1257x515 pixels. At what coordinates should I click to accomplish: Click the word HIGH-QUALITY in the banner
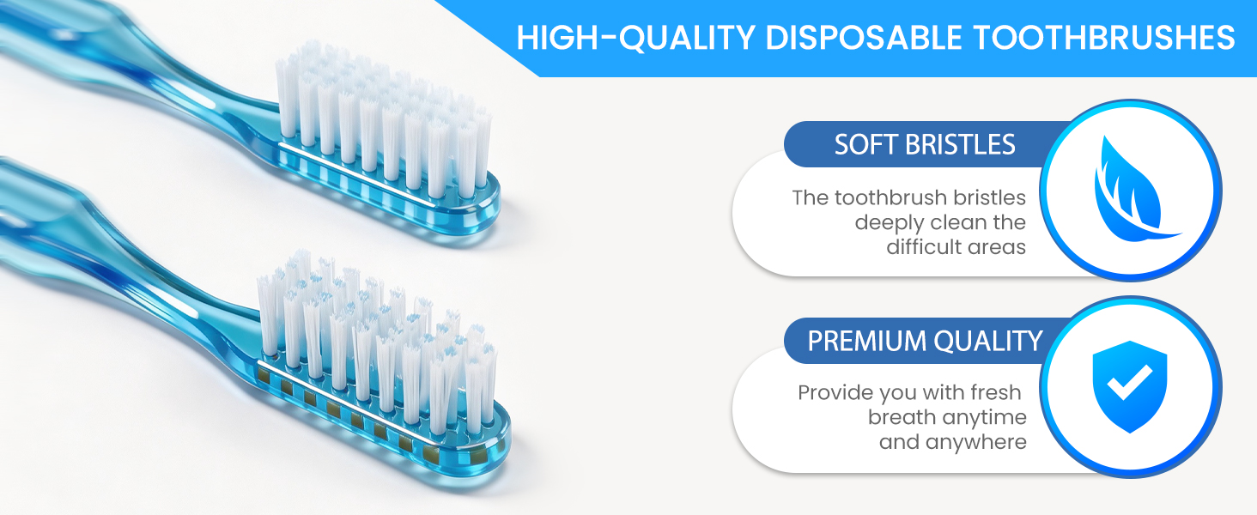pos(635,38)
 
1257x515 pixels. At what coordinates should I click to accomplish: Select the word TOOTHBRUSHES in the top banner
pos(1104,38)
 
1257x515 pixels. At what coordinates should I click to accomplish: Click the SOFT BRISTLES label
pos(924,145)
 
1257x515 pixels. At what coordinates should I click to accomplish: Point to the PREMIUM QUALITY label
pos(925,341)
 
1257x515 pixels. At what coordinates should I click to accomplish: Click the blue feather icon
pos(1133,189)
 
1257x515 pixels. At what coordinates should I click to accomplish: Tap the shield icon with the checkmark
pos(1130,386)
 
